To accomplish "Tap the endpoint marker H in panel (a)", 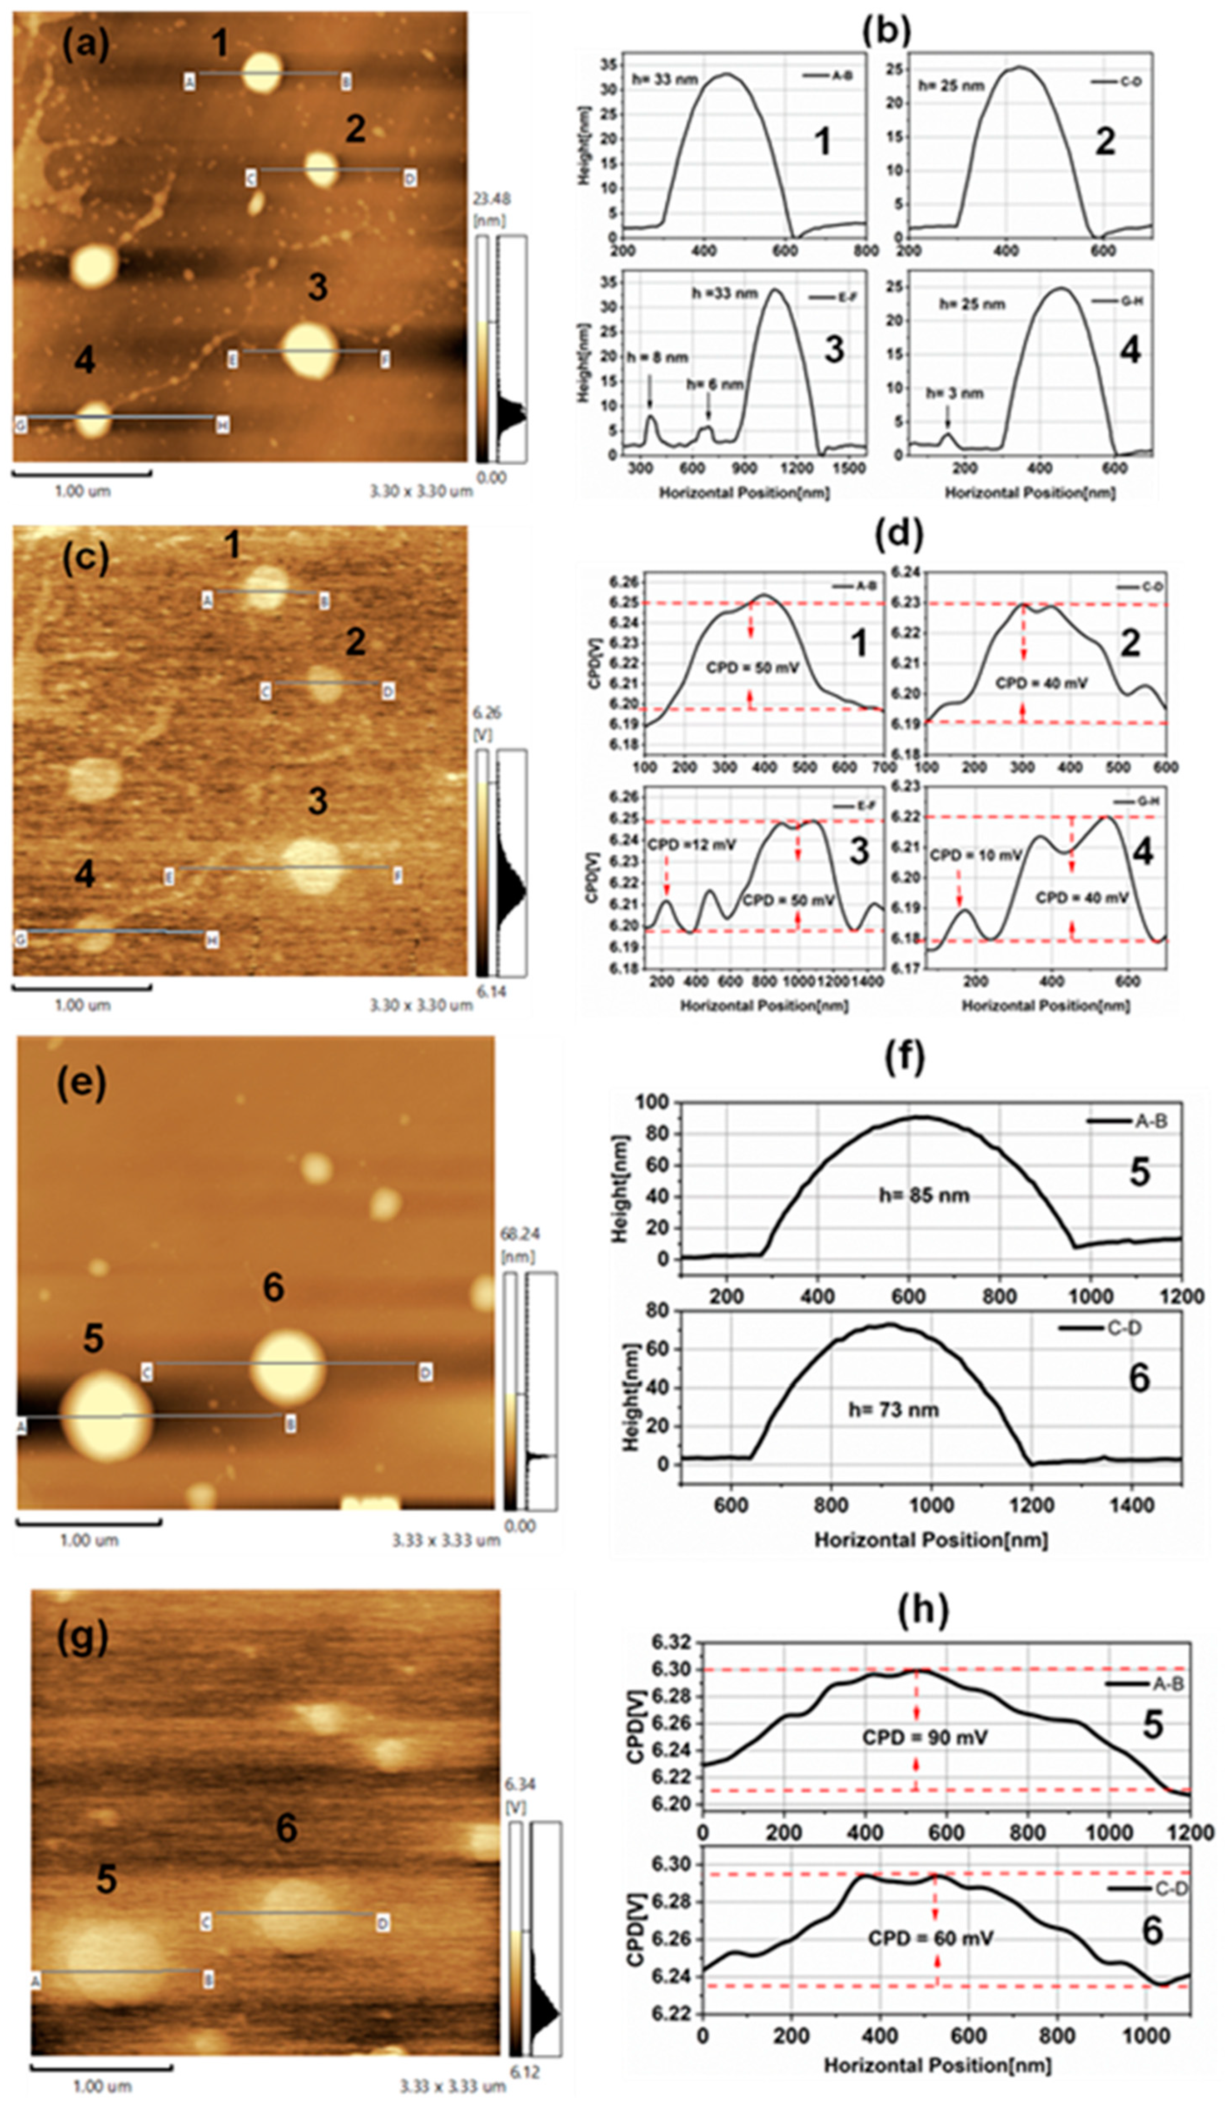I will pos(222,425).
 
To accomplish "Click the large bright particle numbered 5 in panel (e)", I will pos(106,1417).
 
